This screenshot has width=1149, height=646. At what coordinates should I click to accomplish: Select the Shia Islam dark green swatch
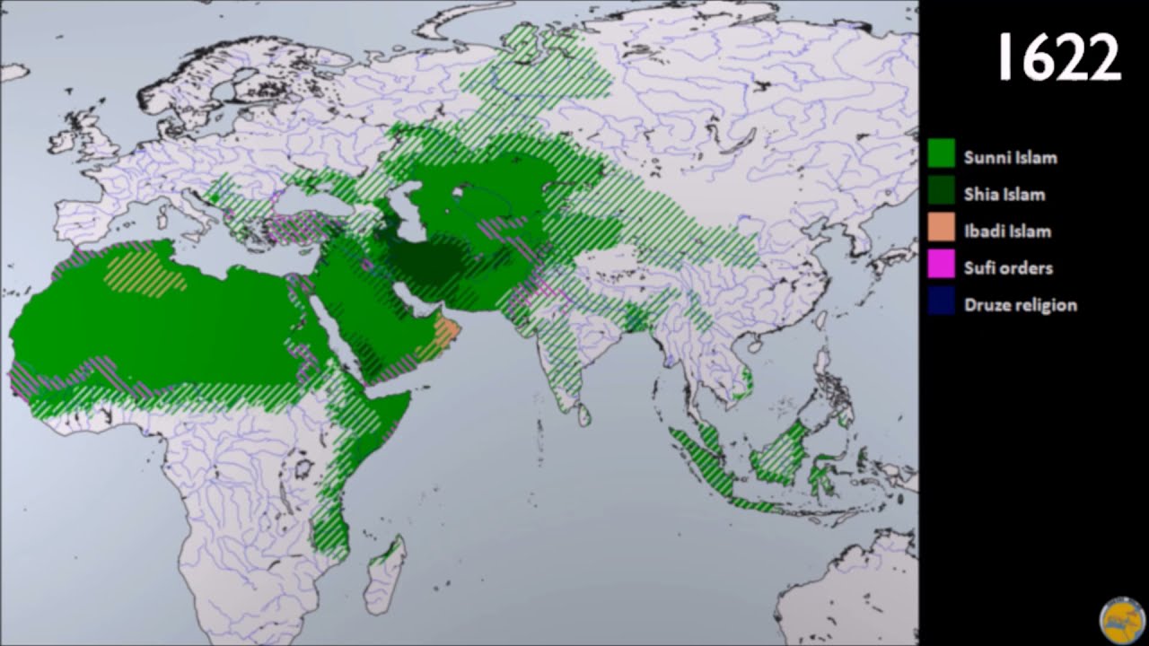click(941, 193)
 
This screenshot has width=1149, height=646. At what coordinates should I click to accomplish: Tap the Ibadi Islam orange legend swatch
click(941, 230)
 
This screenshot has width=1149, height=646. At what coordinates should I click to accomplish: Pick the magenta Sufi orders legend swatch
click(941, 266)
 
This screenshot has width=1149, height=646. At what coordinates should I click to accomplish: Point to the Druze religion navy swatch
click(941, 303)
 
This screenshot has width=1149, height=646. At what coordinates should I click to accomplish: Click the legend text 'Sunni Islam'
click(1010, 158)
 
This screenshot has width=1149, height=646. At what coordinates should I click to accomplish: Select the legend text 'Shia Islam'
click(1004, 195)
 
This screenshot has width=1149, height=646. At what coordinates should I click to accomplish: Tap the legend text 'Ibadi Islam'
click(1007, 231)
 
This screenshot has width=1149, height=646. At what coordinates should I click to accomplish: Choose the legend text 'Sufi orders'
click(1008, 268)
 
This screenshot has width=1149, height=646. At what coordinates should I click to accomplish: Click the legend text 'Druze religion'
click(1020, 305)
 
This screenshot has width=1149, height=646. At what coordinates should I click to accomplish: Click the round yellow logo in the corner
click(1122, 621)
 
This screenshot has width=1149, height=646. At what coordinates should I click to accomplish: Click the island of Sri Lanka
click(583, 415)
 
